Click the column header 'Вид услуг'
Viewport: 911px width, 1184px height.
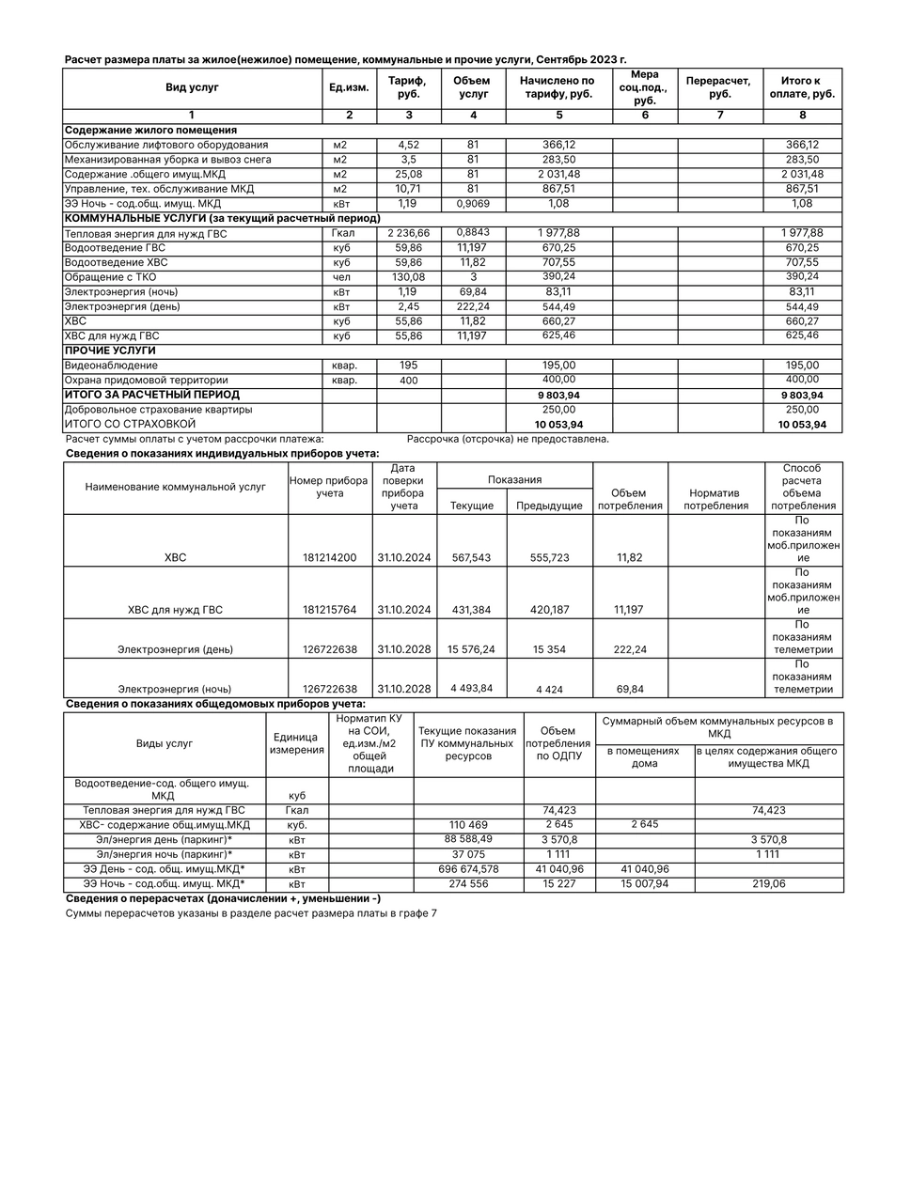point(192,87)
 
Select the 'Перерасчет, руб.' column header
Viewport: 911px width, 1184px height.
point(719,87)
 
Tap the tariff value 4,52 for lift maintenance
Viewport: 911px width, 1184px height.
point(408,145)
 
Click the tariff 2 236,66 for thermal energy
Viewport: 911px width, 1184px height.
point(408,233)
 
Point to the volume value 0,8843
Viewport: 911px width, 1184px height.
point(472,233)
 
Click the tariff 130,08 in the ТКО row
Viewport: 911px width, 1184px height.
point(408,277)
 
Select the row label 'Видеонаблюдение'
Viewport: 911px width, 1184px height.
point(111,366)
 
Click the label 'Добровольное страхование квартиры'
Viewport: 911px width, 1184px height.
point(157,410)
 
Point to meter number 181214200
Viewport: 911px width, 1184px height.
point(329,558)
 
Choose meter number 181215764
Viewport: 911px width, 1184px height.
point(329,610)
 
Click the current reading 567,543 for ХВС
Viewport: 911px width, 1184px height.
point(471,558)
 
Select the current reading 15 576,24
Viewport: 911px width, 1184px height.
point(471,649)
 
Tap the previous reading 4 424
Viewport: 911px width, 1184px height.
point(549,690)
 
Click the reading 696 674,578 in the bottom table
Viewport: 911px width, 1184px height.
point(467,869)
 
